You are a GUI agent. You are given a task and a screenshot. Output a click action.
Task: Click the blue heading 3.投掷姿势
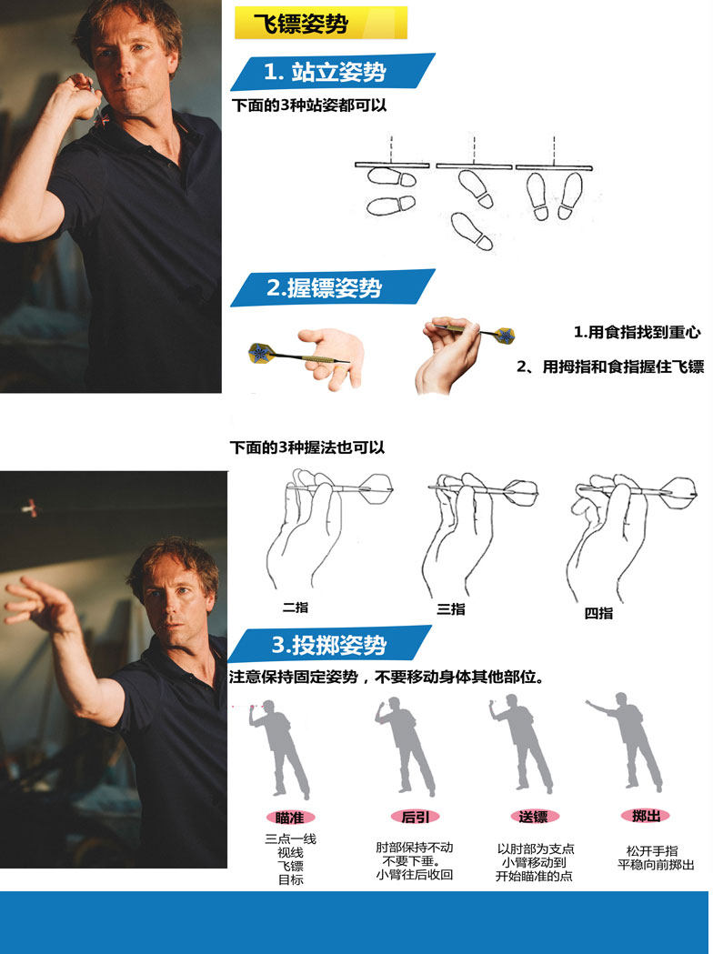[329, 644]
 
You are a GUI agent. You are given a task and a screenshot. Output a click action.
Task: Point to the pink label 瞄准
[289, 817]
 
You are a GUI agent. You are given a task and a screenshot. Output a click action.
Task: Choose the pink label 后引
[415, 817]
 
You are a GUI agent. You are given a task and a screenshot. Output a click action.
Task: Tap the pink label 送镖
[534, 817]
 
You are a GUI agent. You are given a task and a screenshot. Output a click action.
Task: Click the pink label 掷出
[646, 815]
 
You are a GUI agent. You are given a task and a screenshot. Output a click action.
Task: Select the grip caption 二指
[296, 607]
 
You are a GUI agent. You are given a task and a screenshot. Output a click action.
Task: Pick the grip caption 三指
[451, 609]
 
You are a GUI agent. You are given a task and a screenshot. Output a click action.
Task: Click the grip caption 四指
[598, 613]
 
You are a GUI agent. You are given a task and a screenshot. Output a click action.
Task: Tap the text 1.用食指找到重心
[637, 332]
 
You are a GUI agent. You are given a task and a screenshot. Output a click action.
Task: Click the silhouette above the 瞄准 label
[281, 749]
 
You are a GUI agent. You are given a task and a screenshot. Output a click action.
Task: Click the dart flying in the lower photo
[29, 507]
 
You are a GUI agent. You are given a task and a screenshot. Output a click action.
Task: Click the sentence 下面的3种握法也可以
[307, 447]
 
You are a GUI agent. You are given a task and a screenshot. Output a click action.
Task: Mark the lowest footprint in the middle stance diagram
[471, 231]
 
